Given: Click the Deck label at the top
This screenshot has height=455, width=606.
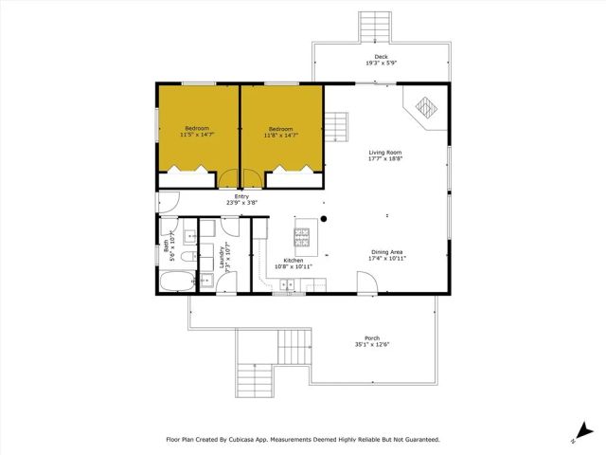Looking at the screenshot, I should (x=381, y=57).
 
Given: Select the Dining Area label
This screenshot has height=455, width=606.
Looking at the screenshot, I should (x=387, y=252).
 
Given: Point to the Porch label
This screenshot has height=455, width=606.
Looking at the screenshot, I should (x=372, y=338).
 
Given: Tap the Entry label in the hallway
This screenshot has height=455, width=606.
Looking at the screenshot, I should (x=241, y=197).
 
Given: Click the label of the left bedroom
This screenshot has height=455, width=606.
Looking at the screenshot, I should (x=197, y=129).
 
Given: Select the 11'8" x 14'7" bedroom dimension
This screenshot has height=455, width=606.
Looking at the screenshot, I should (x=281, y=136).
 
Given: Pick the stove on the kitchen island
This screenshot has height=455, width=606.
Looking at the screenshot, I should (x=303, y=233).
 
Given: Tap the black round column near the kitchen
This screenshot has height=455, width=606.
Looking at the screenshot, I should (x=324, y=219).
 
